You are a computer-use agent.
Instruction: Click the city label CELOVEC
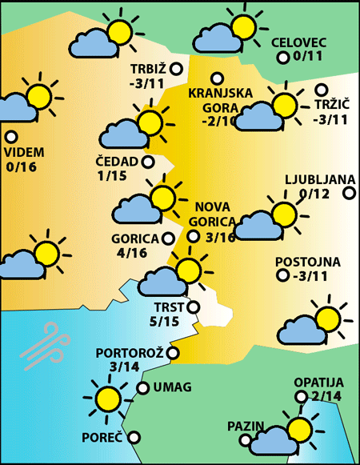(x=299, y=42)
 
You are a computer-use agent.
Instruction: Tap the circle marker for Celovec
(x=282, y=58)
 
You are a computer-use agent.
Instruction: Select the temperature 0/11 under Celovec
(x=308, y=57)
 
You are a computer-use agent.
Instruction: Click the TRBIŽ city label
(x=146, y=67)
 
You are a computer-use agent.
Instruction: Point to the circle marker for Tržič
(x=322, y=90)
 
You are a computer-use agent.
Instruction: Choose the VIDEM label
(x=24, y=152)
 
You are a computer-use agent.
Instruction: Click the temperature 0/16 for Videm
(x=22, y=167)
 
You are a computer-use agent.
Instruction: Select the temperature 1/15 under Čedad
(x=113, y=176)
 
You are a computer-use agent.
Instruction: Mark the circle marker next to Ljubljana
(x=349, y=193)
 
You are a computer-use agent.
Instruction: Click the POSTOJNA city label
(x=308, y=262)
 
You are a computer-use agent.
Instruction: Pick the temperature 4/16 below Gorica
(x=130, y=253)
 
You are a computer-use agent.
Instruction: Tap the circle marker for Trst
(x=193, y=307)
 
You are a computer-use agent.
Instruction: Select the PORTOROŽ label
(x=130, y=353)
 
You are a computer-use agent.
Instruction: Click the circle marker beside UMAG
(x=142, y=388)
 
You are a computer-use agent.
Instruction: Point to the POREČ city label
(x=102, y=438)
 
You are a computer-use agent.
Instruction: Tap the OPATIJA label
(x=318, y=383)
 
